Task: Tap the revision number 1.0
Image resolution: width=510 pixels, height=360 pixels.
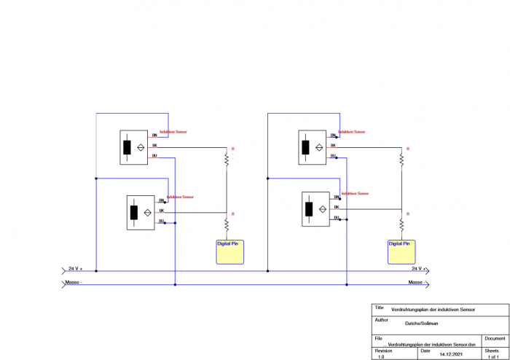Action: pyautogui.click(x=381, y=356)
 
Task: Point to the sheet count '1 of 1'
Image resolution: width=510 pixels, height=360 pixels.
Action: pyautogui.click(x=493, y=356)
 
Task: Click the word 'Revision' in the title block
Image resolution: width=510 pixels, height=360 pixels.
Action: pyautogui.click(x=383, y=350)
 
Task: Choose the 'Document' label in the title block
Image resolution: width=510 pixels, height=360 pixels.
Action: pyautogui.click(x=495, y=338)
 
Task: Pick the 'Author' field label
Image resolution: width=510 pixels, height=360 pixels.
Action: pyautogui.click(x=381, y=319)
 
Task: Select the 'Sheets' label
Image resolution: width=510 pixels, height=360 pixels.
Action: pyautogui.click(x=492, y=350)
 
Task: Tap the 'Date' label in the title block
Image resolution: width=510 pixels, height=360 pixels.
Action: pyautogui.click(x=425, y=350)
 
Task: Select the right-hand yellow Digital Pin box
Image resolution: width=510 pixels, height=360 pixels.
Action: pyautogui.click(x=401, y=251)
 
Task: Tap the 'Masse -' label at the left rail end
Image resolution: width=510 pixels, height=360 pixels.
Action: pyautogui.click(x=75, y=281)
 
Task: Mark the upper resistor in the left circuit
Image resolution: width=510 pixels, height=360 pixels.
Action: pyautogui.click(x=227, y=158)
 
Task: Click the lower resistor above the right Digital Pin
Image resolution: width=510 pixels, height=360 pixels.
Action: pyautogui.click(x=401, y=223)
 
